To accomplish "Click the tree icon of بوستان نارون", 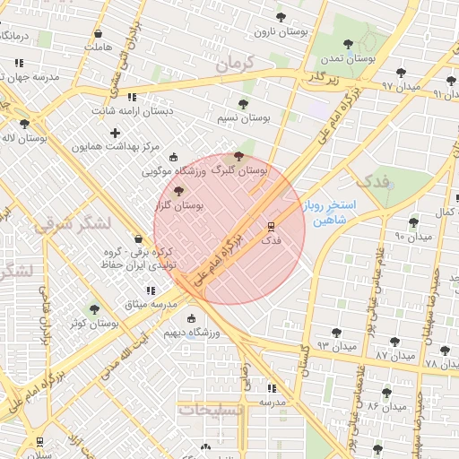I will (x=281, y=17).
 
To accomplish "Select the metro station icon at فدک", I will (x=271, y=225).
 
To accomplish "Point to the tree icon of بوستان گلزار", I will (x=178, y=191).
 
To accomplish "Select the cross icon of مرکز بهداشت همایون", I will (x=115, y=133).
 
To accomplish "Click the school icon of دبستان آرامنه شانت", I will (x=133, y=97).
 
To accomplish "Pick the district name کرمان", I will (x=236, y=64).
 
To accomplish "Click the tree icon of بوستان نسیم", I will (x=243, y=103).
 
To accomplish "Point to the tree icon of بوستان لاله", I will (x=24, y=124).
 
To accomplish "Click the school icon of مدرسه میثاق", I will (x=149, y=290).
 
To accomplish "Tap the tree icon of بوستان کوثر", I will (x=93, y=309).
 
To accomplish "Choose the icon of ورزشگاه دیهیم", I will (x=190, y=318).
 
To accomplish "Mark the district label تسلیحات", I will (x=211, y=409).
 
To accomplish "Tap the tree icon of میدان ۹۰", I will (x=413, y=221).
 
